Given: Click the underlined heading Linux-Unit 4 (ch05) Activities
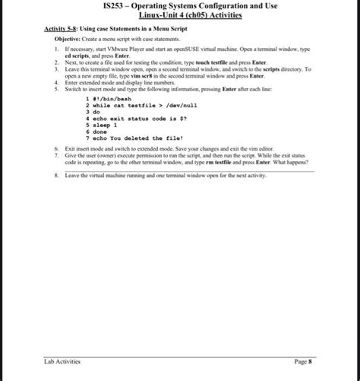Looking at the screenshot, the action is tap(180, 16).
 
